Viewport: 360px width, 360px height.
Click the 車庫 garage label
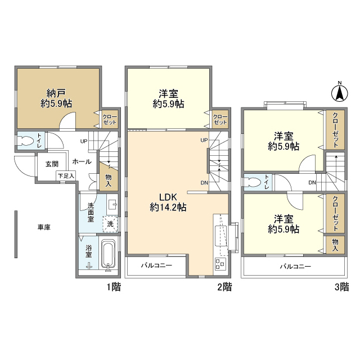coord(44,227)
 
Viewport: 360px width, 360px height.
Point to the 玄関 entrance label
coord(52,164)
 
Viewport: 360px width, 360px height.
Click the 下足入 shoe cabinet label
coord(66,176)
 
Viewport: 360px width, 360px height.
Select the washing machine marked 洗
coord(111,224)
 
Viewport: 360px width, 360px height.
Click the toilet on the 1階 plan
coord(25,141)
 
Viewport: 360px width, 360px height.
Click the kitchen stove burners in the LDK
coord(220,264)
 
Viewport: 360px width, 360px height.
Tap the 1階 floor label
coord(113,287)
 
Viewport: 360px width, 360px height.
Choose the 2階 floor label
coord(224,287)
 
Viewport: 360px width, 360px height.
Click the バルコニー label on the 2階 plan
coord(155,264)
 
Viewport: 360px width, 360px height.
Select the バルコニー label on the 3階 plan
coord(296,266)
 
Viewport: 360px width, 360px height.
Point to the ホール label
coord(82,161)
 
